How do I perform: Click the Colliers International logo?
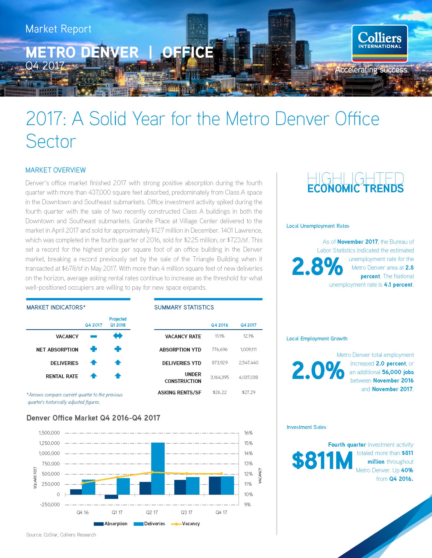click(x=380, y=44)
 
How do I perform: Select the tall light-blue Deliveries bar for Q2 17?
click(x=158, y=468)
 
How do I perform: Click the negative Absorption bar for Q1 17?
click(x=111, y=497)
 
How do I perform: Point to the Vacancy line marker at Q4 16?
click(x=83, y=483)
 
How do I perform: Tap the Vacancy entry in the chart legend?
click(x=185, y=524)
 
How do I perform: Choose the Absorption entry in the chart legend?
click(x=111, y=524)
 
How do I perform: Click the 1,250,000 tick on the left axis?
click(x=49, y=443)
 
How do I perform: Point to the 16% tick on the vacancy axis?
click(x=248, y=433)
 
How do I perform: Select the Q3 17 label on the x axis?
click(x=187, y=512)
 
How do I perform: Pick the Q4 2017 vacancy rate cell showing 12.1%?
click(x=248, y=336)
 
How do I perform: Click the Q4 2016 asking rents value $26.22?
click(x=220, y=392)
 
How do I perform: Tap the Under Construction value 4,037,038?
click(x=248, y=377)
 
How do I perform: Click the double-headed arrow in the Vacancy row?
click(x=118, y=336)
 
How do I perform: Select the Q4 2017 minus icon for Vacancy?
click(x=94, y=336)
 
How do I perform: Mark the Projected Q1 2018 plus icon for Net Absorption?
click(x=118, y=349)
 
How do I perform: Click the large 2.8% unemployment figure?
click(x=317, y=266)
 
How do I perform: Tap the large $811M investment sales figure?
click(x=322, y=460)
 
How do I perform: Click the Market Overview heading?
click(x=56, y=170)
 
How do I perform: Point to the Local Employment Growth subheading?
click(x=317, y=339)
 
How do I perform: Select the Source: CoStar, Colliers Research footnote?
click(x=61, y=535)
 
